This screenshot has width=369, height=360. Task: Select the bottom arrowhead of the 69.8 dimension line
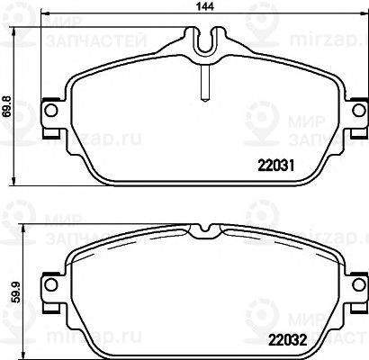tap(20, 183)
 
